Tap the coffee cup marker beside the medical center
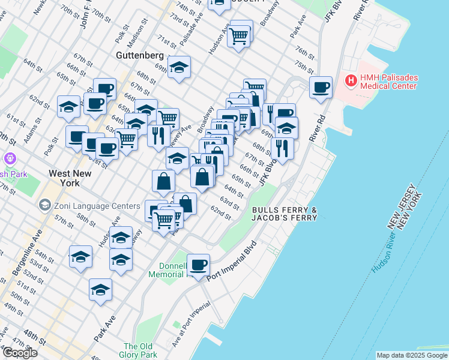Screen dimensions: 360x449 click(x=321, y=88)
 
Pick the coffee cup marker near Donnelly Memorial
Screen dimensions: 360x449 click(x=198, y=264)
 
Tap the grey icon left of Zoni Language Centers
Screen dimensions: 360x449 click(x=44, y=205)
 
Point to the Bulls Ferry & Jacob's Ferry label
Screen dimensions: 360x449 click(x=284, y=214)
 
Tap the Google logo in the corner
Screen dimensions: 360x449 click(x=20, y=353)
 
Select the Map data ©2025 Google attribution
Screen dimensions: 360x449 click(x=412, y=355)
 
